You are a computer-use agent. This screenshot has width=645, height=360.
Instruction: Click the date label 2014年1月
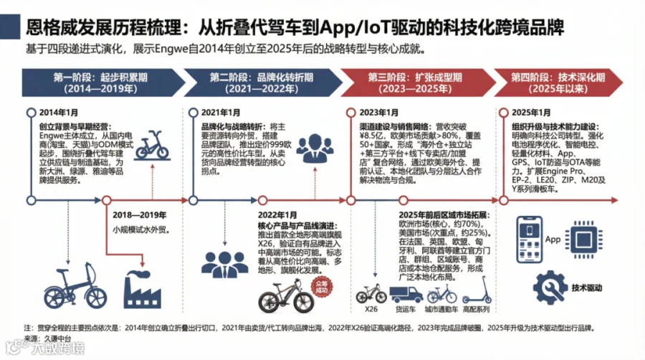(x=58, y=113)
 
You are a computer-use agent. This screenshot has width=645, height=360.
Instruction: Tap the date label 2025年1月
(x=532, y=113)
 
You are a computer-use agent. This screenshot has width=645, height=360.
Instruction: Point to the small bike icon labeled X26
(x=369, y=295)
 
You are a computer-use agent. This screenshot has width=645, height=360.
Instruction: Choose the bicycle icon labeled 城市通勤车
(x=441, y=295)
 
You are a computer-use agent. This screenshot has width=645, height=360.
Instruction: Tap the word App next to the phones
(x=553, y=240)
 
